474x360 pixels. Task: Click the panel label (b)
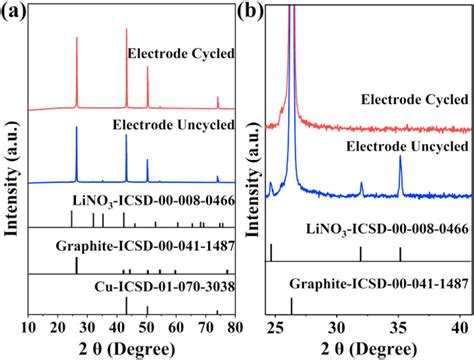[x=254, y=11]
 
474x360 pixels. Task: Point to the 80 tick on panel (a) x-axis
[x=234, y=325]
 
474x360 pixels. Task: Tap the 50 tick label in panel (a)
[x=147, y=325]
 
